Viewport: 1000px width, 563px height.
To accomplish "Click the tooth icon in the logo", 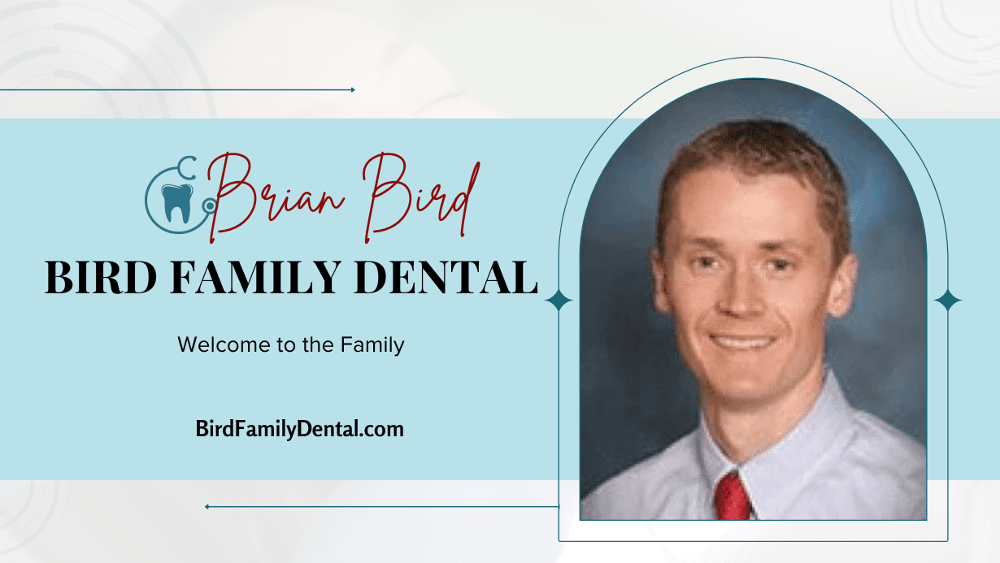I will pyautogui.click(x=176, y=202).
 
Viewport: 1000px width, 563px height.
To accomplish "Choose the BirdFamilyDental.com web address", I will pyautogui.click(x=300, y=428).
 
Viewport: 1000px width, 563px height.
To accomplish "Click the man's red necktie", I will pyautogui.click(x=733, y=496).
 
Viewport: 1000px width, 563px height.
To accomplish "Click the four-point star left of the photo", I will pyautogui.click(x=559, y=301).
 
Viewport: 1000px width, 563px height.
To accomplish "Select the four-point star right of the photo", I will pyautogui.click(x=947, y=301).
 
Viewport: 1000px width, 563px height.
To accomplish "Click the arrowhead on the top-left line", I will pyautogui.click(x=352, y=89).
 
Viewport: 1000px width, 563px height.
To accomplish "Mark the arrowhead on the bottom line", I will pyautogui.click(x=208, y=506).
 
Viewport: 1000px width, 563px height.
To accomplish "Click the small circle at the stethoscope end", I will pyautogui.click(x=210, y=206).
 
